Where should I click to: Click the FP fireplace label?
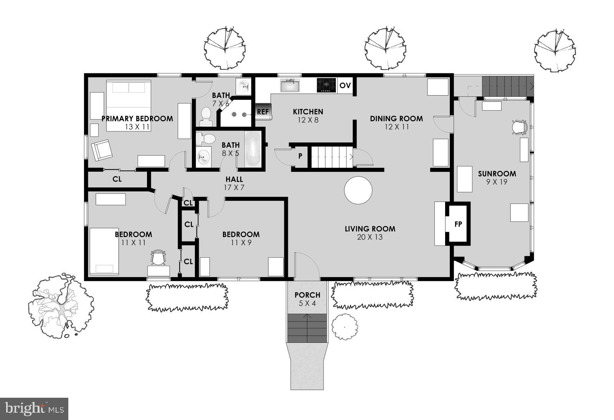pos(458,224)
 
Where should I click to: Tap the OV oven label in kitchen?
pos(345,85)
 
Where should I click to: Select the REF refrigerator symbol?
pos(263,112)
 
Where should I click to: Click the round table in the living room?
pos(358,190)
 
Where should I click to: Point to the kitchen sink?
pos(290,85)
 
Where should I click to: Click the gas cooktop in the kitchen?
pos(326,85)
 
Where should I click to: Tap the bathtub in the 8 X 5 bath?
pos(253,149)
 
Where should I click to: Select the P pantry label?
pos(300,156)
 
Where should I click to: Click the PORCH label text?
pos(307,295)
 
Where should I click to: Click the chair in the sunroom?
pos(519,127)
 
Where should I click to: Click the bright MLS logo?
pos(34,408)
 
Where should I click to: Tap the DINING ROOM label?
pos(396,119)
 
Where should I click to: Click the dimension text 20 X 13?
pos(370,237)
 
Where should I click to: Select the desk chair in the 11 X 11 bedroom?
pos(158,258)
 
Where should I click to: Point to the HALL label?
pos(234,179)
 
